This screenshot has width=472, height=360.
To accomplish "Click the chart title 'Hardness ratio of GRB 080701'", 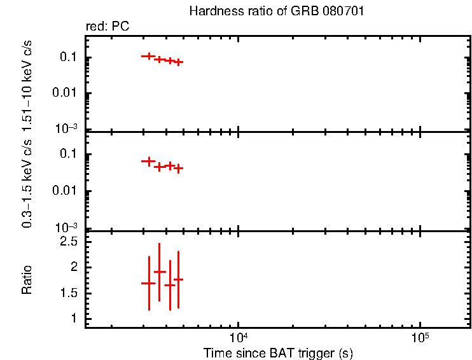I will (276, 12).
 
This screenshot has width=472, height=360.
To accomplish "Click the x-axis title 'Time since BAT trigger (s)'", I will (278, 352).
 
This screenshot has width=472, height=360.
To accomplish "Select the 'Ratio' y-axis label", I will (27, 280).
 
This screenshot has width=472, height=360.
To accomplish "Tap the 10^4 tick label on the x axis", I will (238, 336).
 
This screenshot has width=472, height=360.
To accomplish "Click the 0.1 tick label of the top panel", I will (69, 58).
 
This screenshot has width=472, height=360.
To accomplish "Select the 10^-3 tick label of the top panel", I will (67, 128).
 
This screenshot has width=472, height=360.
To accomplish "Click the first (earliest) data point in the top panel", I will (148, 56).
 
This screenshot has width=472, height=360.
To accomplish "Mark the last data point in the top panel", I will (179, 62).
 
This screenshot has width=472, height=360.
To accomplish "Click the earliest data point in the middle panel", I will (148, 162).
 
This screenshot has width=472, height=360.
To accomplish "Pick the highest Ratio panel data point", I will (159, 272).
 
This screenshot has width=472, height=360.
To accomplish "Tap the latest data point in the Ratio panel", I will (179, 279).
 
